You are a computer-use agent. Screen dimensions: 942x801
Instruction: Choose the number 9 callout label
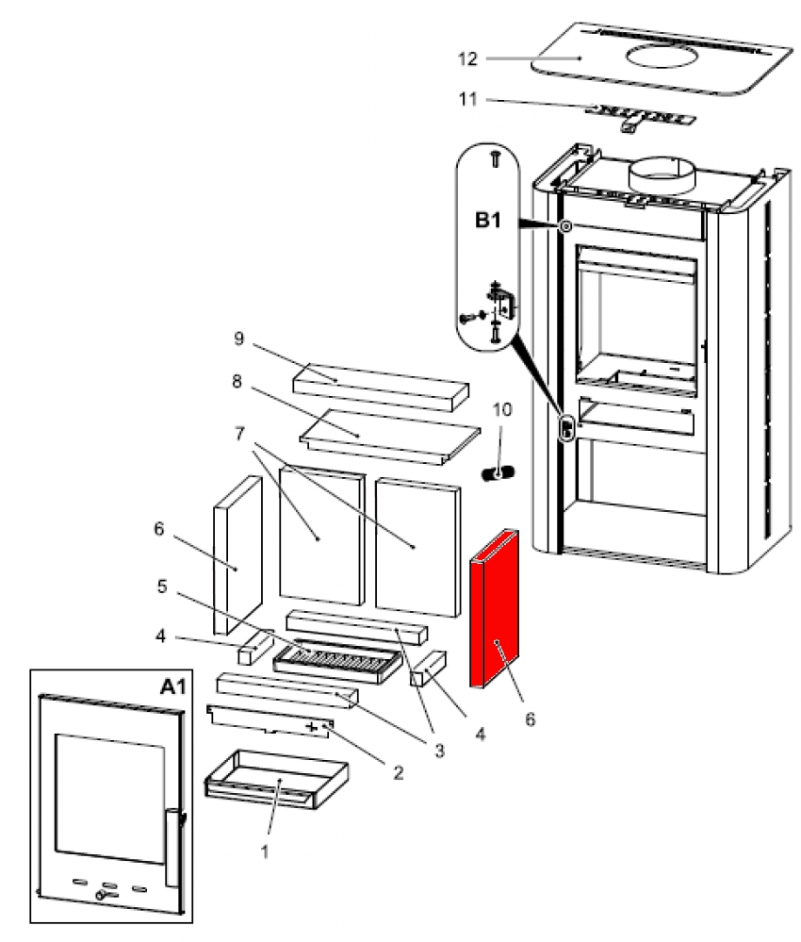238,337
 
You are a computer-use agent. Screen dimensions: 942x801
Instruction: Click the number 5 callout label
161,587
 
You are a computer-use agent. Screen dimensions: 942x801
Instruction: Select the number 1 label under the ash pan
265,850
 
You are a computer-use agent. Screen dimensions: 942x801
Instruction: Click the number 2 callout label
398,773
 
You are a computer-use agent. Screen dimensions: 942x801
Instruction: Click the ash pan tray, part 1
275,779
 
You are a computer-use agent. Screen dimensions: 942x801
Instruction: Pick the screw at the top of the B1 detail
495,159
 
